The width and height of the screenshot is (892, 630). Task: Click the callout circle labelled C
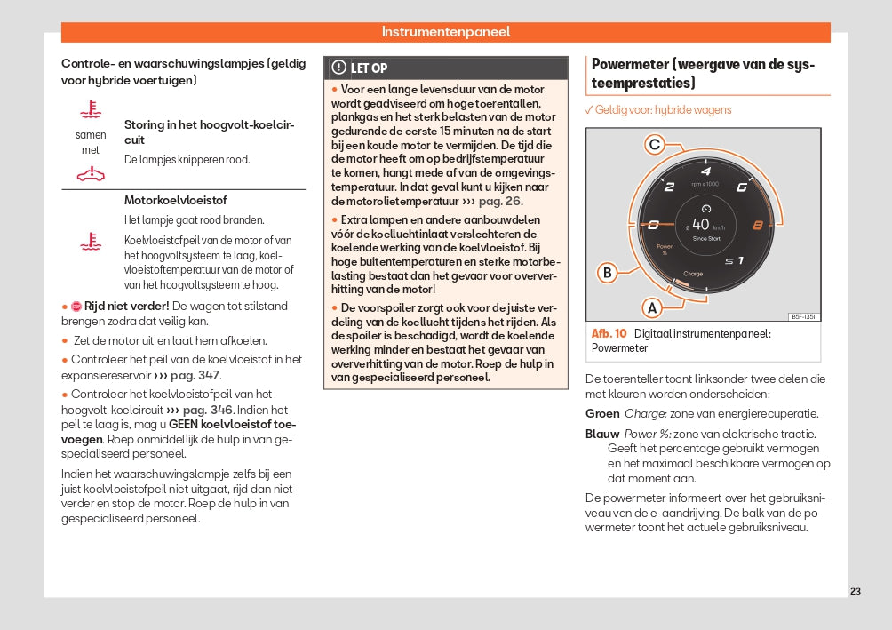[654, 145]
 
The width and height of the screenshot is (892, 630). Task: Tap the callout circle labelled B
[608, 272]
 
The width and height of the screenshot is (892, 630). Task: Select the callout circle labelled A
[652, 307]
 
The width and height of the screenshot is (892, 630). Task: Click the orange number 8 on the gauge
[758, 225]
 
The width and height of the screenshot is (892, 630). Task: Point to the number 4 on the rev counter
[705, 171]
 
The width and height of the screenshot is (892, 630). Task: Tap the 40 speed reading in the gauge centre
[700, 225]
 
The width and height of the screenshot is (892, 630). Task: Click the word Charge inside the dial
[693, 274]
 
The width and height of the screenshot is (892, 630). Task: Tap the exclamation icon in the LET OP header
[338, 68]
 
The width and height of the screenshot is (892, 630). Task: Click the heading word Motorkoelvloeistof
[176, 200]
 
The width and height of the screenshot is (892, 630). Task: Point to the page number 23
[855, 592]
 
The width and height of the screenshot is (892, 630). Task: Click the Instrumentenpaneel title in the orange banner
[446, 32]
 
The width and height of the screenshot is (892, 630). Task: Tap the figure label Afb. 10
[609, 333]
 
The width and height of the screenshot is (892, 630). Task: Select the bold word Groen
[602, 414]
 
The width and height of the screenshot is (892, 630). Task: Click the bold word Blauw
[602, 434]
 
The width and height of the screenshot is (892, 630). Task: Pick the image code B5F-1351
[804, 317]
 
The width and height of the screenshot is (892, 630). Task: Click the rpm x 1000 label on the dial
[705, 185]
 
